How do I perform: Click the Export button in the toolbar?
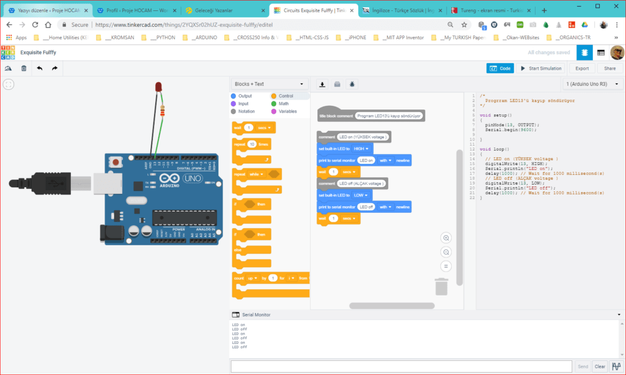(582, 69)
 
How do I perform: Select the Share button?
(610, 69)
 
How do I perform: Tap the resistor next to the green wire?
(161, 111)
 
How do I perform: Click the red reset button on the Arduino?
(114, 162)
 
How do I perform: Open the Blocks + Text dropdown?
(269, 84)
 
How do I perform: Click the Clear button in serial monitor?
(600, 366)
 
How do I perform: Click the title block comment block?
(370, 116)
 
